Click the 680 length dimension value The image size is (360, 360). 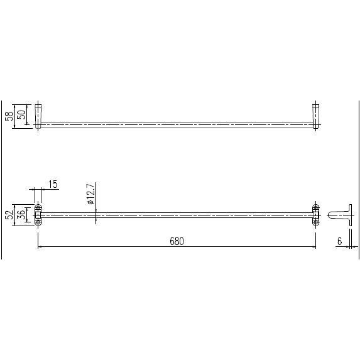tap(177, 241)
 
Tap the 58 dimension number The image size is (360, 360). tap(9, 116)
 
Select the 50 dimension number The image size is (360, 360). tap(21, 115)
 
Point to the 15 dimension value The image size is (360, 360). tap(53, 184)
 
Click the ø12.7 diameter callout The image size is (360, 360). tap(90, 194)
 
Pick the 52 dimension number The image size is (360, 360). tap(9, 215)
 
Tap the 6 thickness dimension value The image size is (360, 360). tap(339, 241)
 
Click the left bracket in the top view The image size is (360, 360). tap(38, 116)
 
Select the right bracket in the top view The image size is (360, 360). tap(315, 116)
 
